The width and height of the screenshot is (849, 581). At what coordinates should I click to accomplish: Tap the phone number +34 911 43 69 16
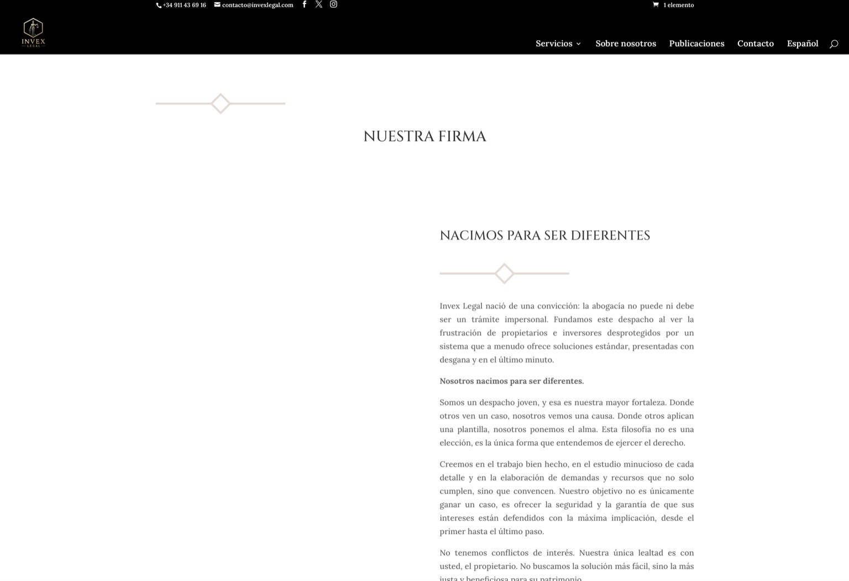pyautogui.click(x=184, y=5)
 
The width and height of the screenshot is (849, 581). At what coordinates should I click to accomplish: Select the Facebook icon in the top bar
pyautogui.click(x=304, y=4)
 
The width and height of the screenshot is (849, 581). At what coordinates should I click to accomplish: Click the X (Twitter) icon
pyautogui.click(x=319, y=4)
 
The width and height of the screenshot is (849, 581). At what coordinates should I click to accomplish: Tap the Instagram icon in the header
pyautogui.click(x=333, y=4)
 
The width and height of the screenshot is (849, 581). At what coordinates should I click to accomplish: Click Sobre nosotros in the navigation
pyautogui.click(x=626, y=44)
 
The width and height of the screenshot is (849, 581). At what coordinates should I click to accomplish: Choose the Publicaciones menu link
pyautogui.click(x=696, y=44)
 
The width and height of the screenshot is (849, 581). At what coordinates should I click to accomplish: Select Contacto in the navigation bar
pyautogui.click(x=755, y=44)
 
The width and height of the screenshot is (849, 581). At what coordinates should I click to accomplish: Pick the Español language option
pyautogui.click(x=802, y=44)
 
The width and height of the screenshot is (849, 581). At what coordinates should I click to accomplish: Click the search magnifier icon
pyautogui.click(x=834, y=44)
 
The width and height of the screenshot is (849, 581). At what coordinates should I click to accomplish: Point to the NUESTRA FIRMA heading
pyautogui.click(x=424, y=136)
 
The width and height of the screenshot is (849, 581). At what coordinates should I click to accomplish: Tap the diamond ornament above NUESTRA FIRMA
pyautogui.click(x=221, y=103)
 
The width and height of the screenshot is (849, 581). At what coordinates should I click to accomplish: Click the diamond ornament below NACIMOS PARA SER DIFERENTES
pyautogui.click(x=504, y=273)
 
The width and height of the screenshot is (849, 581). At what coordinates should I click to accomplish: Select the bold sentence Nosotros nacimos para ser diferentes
pyautogui.click(x=511, y=381)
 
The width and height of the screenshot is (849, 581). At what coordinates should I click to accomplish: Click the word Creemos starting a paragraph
pyautogui.click(x=456, y=464)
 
